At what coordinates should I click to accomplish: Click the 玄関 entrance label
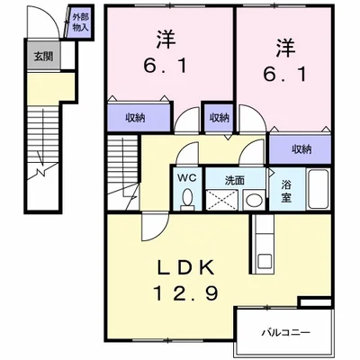click(42, 56)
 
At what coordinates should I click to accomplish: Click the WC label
click(186, 177)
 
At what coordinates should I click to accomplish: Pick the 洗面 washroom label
click(234, 177)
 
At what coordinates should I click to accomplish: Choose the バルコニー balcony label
click(287, 331)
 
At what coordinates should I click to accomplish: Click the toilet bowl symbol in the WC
click(186, 199)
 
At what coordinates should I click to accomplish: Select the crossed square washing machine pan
click(221, 199)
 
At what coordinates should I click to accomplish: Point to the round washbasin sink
click(254, 200)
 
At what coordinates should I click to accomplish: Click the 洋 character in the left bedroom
click(166, 40)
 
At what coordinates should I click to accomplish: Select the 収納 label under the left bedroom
click(135, 116)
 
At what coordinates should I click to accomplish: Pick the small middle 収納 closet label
click(220, 117)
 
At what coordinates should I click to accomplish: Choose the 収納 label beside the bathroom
click(301, 148)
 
